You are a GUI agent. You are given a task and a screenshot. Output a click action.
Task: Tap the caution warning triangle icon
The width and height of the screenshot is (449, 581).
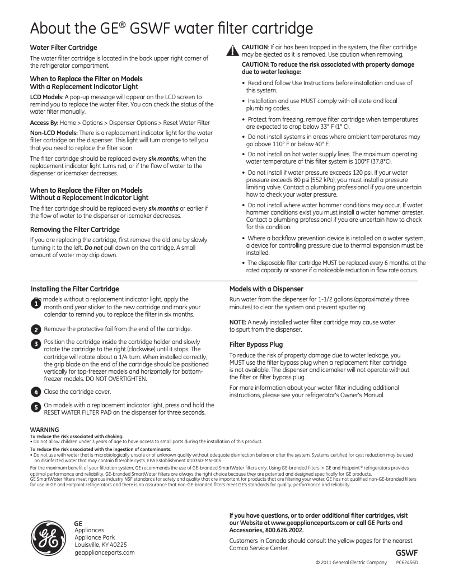click(233, 51)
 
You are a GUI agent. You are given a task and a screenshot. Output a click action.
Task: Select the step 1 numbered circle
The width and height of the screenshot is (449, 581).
click(35, 303)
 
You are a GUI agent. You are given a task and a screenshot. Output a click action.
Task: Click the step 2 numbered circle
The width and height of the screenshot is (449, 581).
click(35, 329)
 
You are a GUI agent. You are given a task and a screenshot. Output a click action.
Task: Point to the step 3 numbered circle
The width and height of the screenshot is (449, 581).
click(35, 343)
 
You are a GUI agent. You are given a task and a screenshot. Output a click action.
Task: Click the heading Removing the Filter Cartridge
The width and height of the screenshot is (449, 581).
click(74, 230)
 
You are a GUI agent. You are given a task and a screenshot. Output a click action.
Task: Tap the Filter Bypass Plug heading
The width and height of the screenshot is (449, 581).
click(256, 345)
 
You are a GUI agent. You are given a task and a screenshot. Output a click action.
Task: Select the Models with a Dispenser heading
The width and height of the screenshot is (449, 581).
click(266, 289)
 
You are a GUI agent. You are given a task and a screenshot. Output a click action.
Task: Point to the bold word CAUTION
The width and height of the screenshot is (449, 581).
click(254, 47)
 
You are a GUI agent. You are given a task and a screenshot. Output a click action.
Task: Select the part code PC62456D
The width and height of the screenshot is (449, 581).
click(407, 562)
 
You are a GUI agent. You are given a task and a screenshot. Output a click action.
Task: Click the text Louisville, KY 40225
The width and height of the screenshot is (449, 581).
click(101, 544)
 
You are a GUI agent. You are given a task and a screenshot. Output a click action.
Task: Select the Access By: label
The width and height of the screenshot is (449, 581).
click(44, 123)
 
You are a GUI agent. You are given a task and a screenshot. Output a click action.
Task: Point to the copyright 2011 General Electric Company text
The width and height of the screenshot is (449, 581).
click(352, 562)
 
